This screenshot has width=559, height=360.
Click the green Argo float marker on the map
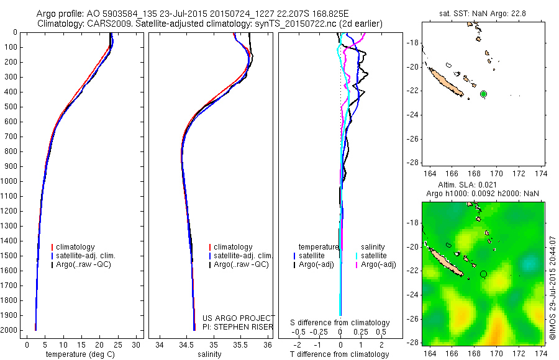pos(484,94)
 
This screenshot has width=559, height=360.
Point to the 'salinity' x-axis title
pos(209,354)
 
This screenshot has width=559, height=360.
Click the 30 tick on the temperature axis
pos(137,344)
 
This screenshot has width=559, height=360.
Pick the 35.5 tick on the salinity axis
pos(240,344)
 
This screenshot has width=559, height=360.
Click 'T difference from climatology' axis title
pos(340,354)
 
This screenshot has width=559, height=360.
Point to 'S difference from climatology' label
pos(340,323)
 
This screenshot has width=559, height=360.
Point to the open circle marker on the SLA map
pos(484,274)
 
